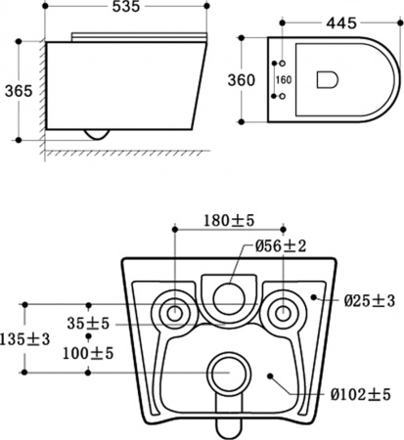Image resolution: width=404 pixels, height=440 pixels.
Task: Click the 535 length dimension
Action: click(x=126, y=7)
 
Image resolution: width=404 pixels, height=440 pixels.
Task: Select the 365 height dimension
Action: click(x=19, y=91)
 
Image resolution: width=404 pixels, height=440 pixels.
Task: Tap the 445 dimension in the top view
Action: click(x=341, y=23)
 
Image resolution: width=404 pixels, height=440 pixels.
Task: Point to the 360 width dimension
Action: click(x=242, y=80)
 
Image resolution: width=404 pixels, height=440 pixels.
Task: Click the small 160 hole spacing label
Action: click(x=284, y=79)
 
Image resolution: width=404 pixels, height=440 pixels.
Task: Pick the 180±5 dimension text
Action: click(x=229, y=221)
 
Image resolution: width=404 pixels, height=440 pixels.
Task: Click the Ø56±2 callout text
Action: click(x=281, y=246)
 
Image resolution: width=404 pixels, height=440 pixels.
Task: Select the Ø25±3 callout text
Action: click(x=370, y=301)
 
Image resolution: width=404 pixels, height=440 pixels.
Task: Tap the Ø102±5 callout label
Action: click(x=360, y=395)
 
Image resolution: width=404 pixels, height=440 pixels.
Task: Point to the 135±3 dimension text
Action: click(x=25, y=339)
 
